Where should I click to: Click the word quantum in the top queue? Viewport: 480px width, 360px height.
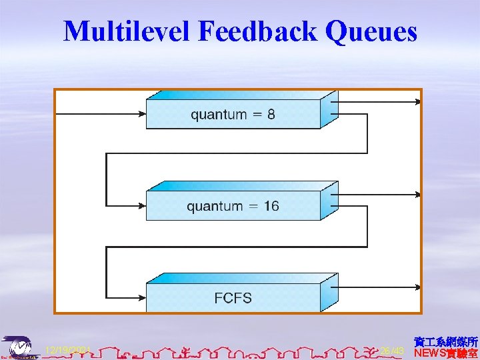coord(218,115)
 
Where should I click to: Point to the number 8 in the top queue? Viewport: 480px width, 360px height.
coord(271,114)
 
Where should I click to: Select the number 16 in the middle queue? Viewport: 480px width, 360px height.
coord(271,206)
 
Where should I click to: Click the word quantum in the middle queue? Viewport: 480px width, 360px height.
coord(214,207)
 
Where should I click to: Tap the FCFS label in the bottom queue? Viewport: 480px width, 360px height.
coord(233,297)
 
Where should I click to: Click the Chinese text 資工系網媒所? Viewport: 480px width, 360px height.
coord(445,341)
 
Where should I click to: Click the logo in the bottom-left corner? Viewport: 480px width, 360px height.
coord(18,347)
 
